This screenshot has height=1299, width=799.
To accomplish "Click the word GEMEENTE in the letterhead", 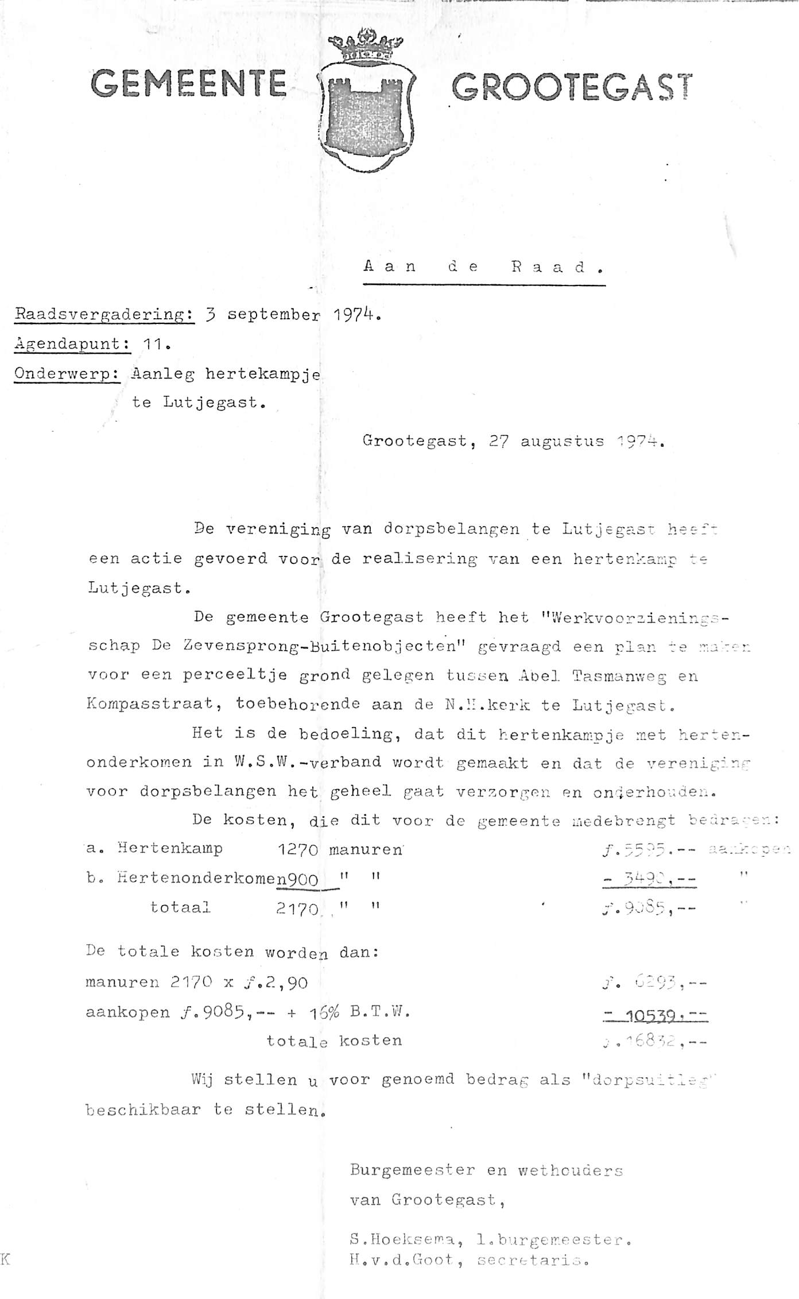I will [x=189, y=83].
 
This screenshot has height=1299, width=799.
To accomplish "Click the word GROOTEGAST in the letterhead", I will [x=572, y=88].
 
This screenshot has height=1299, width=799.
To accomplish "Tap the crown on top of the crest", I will [x=366, y=48].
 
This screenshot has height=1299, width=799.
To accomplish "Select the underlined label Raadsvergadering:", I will [x=104, y=315].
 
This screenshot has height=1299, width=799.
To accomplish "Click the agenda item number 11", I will [x=154, y=345].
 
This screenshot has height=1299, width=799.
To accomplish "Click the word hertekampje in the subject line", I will [x=263, y=374].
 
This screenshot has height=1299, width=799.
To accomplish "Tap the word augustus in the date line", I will [x=562, y=442].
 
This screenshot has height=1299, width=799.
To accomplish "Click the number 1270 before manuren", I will [x=297, y=849].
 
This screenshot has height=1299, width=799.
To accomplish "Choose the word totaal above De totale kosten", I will [x=180, y=908].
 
